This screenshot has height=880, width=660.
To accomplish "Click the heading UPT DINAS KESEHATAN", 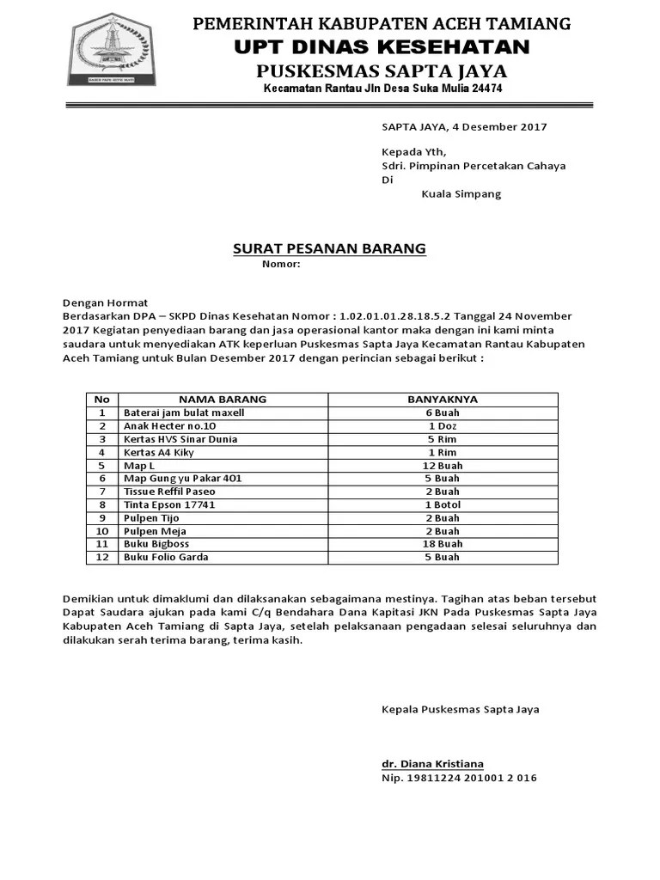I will click(x=382, y=46).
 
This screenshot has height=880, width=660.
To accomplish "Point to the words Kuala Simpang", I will click(x=461, y=194).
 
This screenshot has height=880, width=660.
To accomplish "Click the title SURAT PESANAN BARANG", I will click(x=330, y=249).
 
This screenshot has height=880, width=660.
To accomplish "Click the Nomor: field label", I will click(x=281, y=264).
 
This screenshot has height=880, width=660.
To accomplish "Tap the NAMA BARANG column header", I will click(x=223, y=399).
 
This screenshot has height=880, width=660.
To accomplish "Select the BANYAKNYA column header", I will click(x=443, y=399).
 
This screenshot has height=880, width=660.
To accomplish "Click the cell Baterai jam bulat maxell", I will click(x=184, y=412).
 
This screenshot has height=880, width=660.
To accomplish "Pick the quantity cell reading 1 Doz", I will click(x=443, y=425).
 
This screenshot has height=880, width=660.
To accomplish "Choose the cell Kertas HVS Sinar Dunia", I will click(x=180, y=439).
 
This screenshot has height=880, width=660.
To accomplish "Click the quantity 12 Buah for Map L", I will click(x=443, y=465).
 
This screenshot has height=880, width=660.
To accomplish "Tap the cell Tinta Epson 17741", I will click(x=169, y=504).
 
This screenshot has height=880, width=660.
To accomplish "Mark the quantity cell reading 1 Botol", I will click(x=443, y=504).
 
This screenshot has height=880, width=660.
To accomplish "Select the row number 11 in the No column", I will click(x=102, y=544).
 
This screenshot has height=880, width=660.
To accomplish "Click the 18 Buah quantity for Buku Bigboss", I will click(x=443, y=544).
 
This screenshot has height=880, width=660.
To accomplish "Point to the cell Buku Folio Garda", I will click(x=166, y=557).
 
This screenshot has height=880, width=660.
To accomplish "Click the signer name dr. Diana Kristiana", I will click(x=432, y=764).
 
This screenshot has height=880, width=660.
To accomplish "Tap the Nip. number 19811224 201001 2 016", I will click(x=459, y=778).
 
